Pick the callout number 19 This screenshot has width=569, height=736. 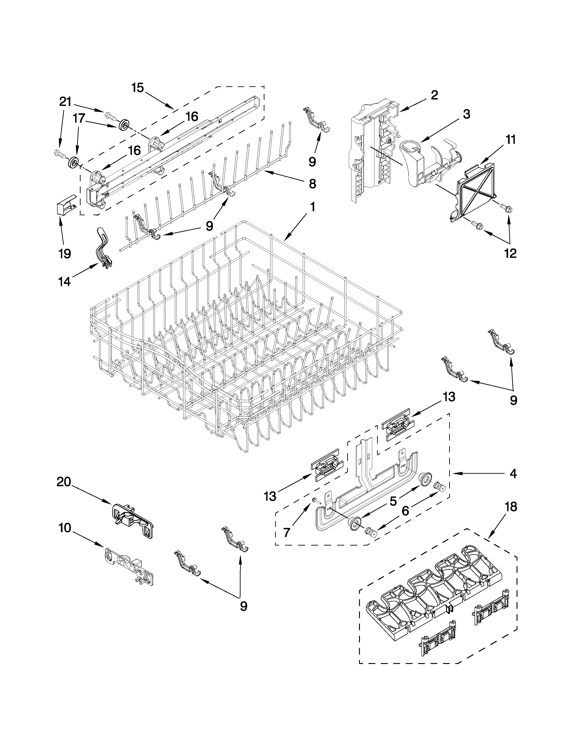pos(65,253)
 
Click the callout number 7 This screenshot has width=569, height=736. pos(287,532)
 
